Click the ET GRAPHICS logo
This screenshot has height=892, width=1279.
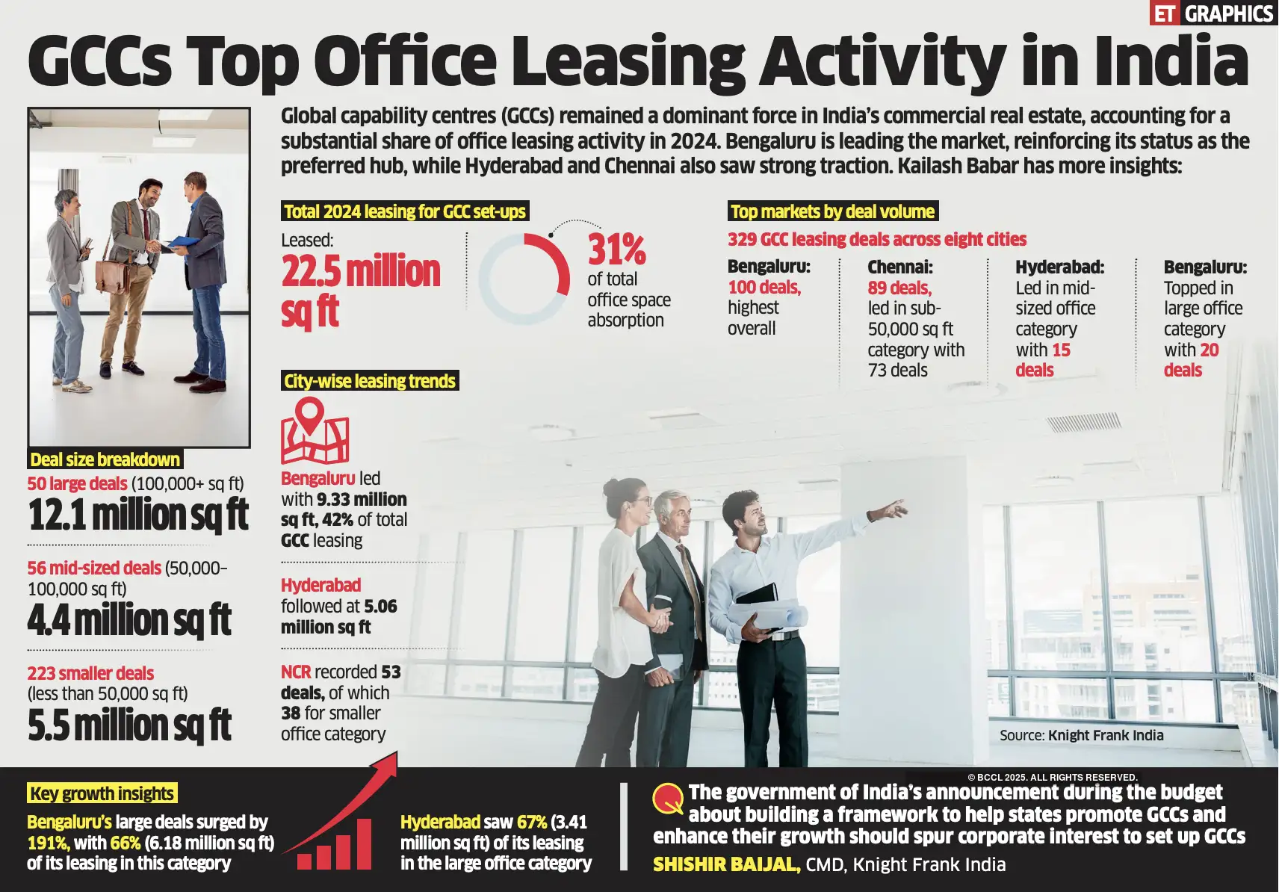1213,13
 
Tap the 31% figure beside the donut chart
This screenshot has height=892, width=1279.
616,250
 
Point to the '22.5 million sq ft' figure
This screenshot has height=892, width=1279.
360,290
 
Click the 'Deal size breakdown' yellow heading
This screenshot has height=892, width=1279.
105,459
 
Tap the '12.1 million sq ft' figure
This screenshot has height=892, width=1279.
138,515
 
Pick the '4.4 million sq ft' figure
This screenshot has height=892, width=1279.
129,620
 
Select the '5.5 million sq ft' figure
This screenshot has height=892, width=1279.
129,725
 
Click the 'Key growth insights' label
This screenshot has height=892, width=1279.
102,793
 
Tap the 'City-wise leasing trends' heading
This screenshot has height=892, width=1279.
369,381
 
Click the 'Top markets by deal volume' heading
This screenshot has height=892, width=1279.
832,211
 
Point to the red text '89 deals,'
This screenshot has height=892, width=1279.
899,288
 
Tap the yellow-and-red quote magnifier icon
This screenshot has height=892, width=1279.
667,799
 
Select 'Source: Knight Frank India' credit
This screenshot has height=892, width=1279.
1081,735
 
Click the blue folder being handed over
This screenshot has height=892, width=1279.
183,241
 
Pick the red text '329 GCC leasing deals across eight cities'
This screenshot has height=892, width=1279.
877,239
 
